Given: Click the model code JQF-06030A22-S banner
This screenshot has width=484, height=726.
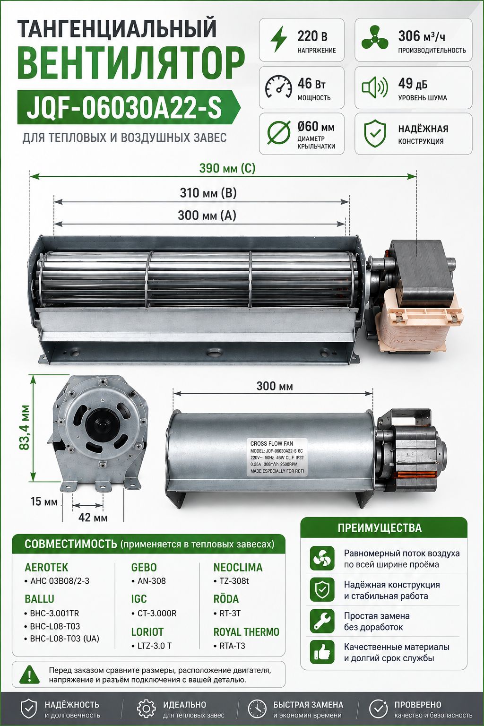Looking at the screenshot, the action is pos(129,107).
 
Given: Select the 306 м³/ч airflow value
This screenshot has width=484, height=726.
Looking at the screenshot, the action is pos(422,36).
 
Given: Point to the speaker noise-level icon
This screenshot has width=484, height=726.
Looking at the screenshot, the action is pos(375,87).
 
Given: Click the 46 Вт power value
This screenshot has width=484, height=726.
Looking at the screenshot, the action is pos(311,84).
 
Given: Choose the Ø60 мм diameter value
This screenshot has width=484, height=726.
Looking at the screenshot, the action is pos(316,126).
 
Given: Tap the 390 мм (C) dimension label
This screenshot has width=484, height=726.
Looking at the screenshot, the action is pos(227,168).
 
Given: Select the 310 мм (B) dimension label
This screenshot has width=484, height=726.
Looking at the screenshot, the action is pos(208,193).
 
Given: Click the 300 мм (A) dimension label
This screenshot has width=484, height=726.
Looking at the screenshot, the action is pos(207,215).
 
